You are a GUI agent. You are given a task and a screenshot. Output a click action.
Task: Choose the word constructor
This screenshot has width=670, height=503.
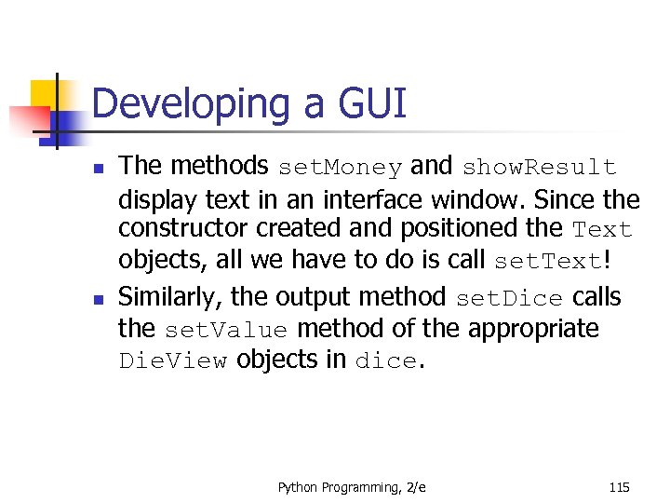tap(177, 229)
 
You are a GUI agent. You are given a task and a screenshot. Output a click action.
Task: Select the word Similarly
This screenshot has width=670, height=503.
tap(170, 297)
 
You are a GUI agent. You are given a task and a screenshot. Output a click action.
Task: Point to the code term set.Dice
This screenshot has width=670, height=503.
tap(509, 299)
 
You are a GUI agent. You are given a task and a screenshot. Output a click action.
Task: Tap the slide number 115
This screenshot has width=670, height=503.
tap(619, 487)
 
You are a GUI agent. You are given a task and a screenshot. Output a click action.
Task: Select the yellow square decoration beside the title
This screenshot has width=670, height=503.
tap(44, 94)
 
